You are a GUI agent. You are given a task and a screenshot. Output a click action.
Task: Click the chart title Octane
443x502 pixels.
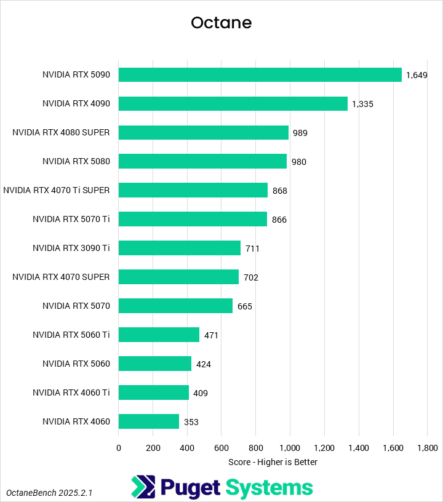221,23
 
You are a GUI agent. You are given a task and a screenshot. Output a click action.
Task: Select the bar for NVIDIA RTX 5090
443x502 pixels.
260,74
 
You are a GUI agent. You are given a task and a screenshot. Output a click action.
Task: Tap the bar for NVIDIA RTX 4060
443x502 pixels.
149,421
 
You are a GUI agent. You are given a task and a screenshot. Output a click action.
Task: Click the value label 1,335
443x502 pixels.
362,104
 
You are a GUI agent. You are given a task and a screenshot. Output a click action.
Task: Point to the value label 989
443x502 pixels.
300,133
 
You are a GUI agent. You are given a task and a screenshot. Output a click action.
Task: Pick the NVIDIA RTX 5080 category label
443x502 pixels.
76,161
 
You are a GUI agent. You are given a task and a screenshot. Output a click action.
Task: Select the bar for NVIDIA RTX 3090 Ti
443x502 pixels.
180,248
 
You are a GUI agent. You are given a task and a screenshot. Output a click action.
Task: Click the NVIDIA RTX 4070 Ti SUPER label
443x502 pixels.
57,190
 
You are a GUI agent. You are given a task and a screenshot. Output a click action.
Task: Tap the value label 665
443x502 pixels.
244,306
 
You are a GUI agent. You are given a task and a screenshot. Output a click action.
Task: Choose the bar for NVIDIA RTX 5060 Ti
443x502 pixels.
159,335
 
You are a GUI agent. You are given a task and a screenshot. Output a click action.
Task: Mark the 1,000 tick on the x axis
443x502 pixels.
290,448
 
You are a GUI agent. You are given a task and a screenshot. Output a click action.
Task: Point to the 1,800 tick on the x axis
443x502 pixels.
427,448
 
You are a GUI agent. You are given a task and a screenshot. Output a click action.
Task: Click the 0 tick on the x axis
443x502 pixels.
119,448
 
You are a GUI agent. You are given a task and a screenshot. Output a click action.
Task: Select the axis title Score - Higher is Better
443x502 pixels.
273,461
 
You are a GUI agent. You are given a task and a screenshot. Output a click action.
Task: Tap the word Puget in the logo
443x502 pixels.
190,488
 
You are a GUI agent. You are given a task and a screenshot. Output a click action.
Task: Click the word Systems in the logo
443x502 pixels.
268,488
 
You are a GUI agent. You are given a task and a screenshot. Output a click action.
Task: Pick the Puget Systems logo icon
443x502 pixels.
143,487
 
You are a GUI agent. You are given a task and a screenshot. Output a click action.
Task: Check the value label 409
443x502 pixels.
201,393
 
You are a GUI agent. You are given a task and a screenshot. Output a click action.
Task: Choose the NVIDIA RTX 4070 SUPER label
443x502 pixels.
61,277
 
